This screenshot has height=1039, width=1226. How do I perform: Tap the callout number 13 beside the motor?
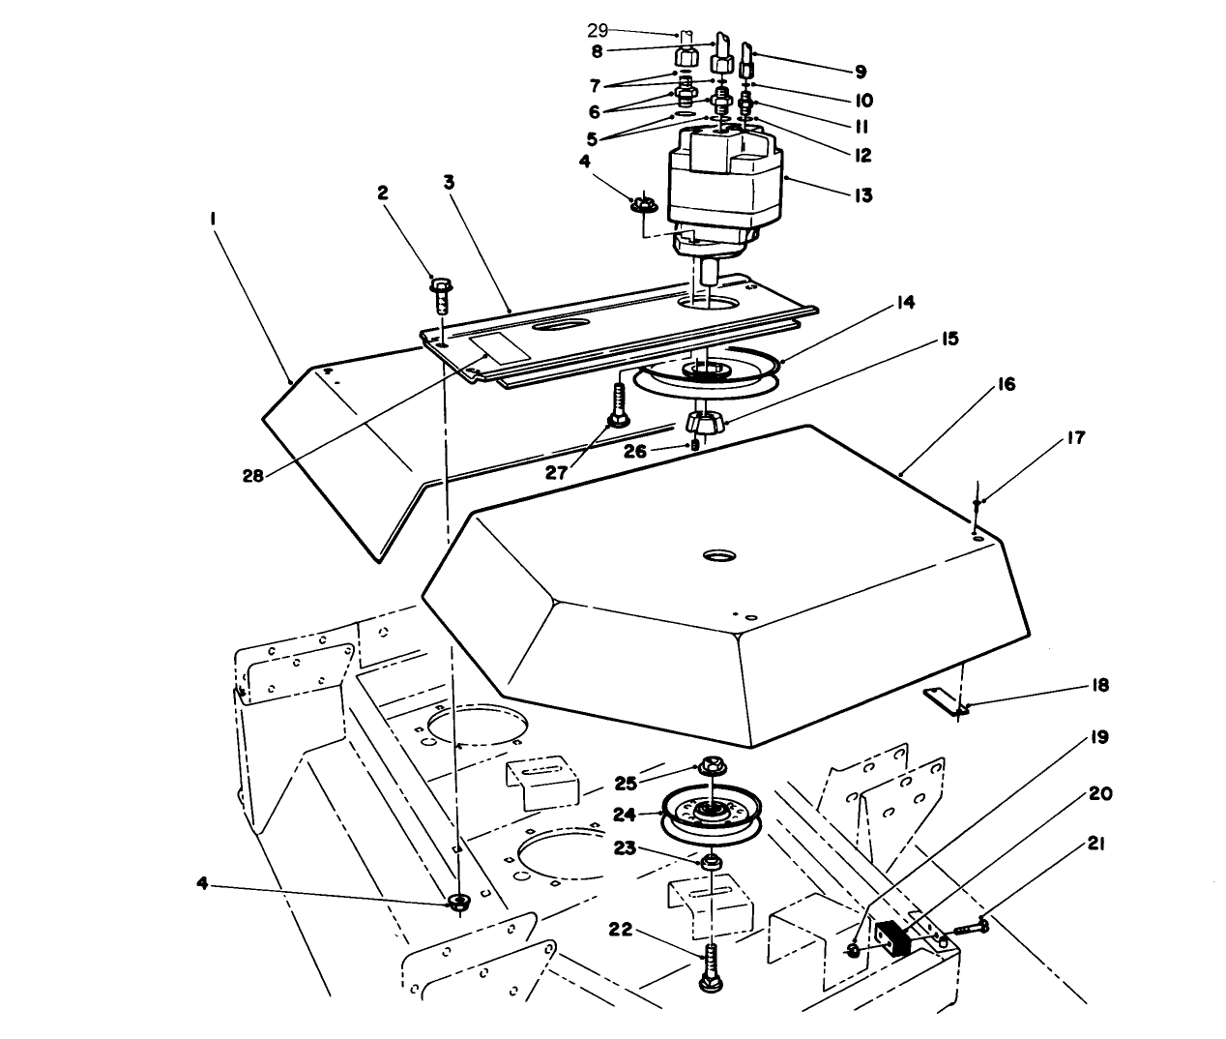(863, 194)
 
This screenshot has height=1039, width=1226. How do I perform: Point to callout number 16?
(1005, 384)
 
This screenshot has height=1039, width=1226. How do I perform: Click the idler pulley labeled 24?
(711, 813)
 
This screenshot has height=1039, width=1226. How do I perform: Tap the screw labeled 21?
(970, 926)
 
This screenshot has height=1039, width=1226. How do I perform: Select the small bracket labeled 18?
(944, 700)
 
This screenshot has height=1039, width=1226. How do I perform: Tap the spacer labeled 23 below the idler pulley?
(711, 860)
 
